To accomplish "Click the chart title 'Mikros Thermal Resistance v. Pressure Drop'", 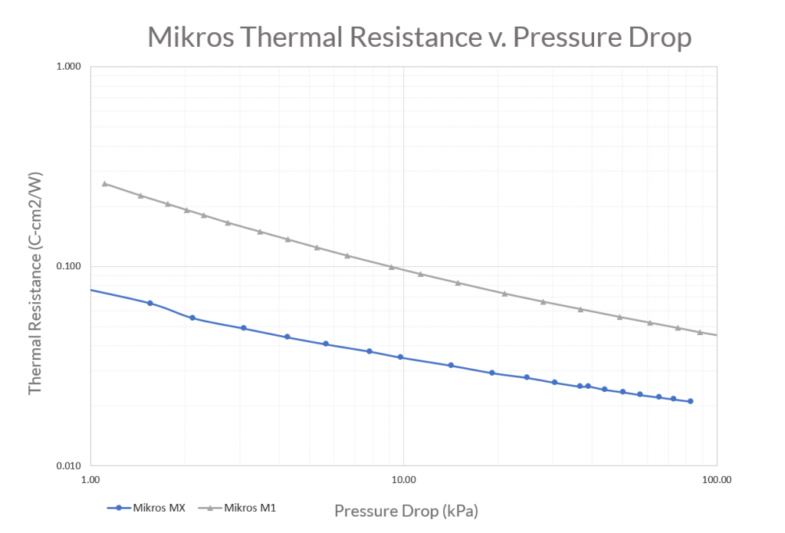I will tap(419, 38).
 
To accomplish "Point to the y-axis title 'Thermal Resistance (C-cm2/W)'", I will tap(35, 281).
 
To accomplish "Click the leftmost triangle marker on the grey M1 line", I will tap(105, 184).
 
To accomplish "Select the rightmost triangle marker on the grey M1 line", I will tap(699, 332).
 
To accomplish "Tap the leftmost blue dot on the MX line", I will tap(150, 304).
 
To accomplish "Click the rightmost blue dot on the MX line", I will tap(690, 401).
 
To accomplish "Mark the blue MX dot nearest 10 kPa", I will tap(400, 357).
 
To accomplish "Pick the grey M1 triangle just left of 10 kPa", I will tap(392, 268).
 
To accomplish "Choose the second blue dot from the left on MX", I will tap(192, 317).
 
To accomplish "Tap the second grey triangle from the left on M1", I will tap(141, 196).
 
